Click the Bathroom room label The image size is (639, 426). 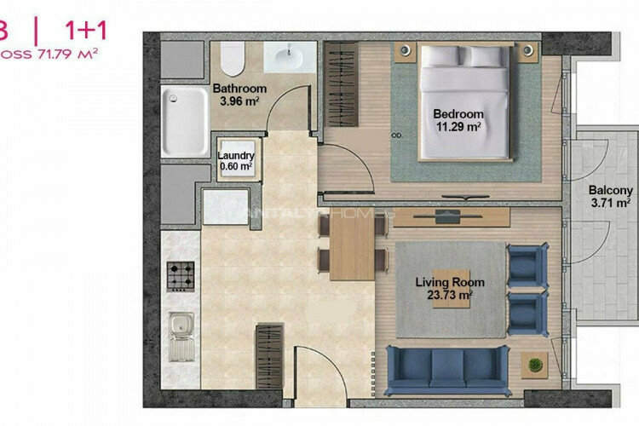[239, 89]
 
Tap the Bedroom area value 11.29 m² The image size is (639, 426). [458, 129]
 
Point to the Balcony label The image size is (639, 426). [611, 191]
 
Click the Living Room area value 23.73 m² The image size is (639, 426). [450, 295]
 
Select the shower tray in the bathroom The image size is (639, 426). [186, 123]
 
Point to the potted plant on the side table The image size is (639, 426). [535, 365]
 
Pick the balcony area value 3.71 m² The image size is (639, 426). [611, 204]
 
